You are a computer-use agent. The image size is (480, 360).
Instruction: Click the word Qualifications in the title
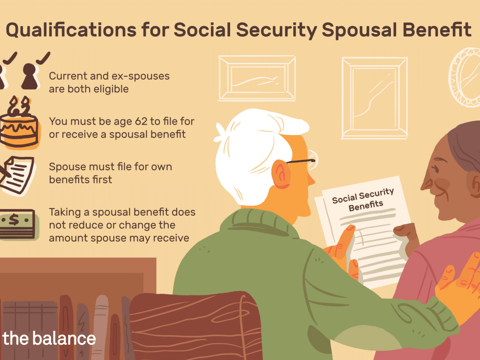[x=71, y=30]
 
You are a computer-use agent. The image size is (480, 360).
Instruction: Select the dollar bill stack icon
[x=18, y=224]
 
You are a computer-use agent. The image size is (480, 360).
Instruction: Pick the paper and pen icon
[x=17, y=175]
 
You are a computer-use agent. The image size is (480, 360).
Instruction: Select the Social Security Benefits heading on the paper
[x=364, y=199]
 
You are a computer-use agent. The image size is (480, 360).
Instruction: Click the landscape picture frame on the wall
[x=257, y=78]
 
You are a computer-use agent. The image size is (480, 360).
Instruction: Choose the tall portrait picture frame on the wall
[x=375, y=98]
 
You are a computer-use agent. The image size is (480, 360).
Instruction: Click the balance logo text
[x=49, y=338]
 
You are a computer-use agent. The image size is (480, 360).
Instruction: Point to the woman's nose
[x=426, y=184]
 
